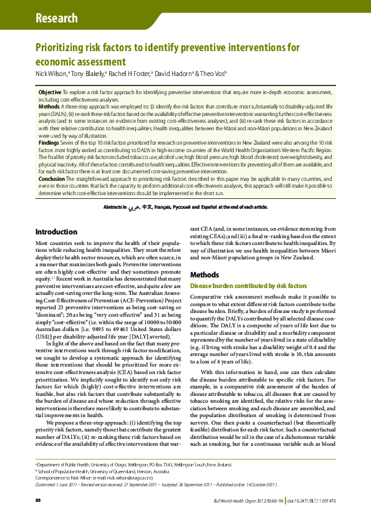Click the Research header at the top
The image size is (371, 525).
pos(57,18)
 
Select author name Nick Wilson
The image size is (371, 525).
pos(49,74)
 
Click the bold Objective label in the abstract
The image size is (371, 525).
pos(50,92)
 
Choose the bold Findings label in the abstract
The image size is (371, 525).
pos(49,143)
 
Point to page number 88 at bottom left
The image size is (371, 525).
pos(38,500)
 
